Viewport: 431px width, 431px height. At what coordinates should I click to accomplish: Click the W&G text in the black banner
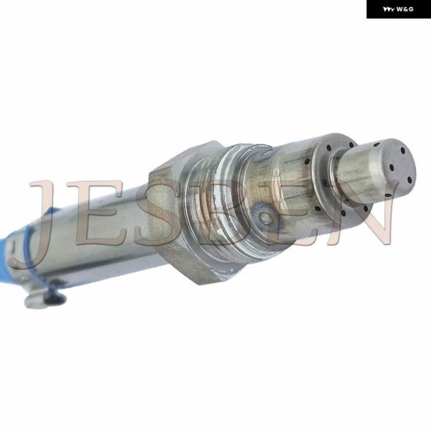pos(405,9)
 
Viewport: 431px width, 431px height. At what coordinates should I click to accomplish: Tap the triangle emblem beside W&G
pos(389,9)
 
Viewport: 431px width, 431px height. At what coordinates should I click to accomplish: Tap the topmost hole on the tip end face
pos(403,150)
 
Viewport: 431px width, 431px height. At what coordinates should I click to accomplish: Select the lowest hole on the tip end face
pos(409,180)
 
